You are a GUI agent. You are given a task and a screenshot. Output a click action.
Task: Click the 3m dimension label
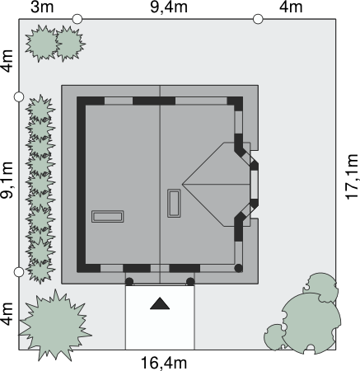click(42, 7)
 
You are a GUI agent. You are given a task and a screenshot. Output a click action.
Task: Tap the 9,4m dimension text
click(169, 7)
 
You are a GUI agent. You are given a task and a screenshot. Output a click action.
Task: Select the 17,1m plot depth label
click(352, 176)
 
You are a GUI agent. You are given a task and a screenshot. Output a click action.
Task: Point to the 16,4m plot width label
click(164, 363)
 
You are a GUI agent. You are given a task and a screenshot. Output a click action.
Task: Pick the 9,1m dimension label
click(7, 180)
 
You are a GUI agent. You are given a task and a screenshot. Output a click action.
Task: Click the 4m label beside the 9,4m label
click(291, 7)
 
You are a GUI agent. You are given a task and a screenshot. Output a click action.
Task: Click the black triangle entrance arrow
click(160, 303)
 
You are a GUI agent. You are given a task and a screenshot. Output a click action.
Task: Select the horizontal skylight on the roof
click(108, 217)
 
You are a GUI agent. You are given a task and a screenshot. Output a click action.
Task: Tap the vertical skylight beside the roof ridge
click(174, 204)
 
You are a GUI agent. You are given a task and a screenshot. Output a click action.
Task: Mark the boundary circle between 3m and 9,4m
click(77, 19)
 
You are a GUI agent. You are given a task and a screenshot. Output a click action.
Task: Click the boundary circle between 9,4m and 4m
click(258, 19)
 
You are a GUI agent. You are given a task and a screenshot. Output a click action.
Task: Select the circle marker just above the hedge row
click(19, 96)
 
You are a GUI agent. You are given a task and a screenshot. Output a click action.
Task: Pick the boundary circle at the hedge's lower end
click(19, 272)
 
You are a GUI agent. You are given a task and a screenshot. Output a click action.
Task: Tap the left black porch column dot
click(129, 282)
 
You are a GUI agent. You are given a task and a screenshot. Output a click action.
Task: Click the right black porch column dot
click(190, 282)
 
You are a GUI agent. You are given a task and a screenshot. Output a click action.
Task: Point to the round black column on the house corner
click(239, 268)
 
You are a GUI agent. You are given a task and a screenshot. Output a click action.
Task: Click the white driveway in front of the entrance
click(160, 317)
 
